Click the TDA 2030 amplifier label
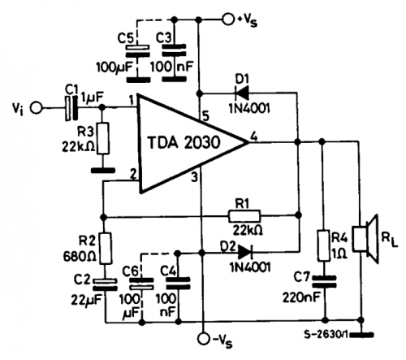coord(184,142)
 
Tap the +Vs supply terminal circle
coord(228,20)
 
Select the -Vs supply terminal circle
coord(204,339)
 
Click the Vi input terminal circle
coord(36,108)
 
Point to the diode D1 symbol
coord(242,93)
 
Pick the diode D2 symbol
coord(245,253)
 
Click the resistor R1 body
coord(244,216)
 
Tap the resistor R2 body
coord(106,248)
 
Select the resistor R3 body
coord(103,138)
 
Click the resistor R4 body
coord(323,245)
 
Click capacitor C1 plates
coord(71,108)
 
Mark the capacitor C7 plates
coord(324,281)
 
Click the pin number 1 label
coord(132,101)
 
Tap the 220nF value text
coord(301,297)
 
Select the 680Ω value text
coord(80,256)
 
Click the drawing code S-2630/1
coord(326,335)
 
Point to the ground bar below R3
coord(103,171)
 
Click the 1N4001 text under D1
coord(249,109)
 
